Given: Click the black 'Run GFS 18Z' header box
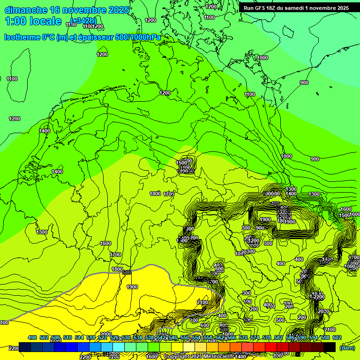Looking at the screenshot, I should [x=296, y=8].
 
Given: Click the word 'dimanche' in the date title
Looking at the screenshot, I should [x=25, y=10].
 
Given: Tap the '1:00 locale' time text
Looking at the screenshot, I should [x=33, y=21].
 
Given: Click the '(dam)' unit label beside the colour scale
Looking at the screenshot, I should [x=347, y=348].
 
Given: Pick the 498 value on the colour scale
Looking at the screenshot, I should [x=32, y=338].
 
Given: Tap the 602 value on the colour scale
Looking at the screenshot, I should [x=337, y=338].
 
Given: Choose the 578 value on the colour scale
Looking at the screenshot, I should [x=278, y=338].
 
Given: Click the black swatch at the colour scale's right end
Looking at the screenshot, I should [x=330, y=347].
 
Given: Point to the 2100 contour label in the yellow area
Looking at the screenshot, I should [x=202, y=302].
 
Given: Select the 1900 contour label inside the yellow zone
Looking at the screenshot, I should [x=132, y=287].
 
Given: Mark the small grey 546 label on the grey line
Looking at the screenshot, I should [x=127, y=272].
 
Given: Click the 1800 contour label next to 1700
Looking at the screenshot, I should [x=155, y=194].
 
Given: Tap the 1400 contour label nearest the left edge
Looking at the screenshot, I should [x=45, y=131].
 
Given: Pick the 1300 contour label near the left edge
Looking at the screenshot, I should [x=42, y=232].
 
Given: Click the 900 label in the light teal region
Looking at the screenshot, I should [x=304, y=82].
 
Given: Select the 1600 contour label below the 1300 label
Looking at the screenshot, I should [x=105, y=243].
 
